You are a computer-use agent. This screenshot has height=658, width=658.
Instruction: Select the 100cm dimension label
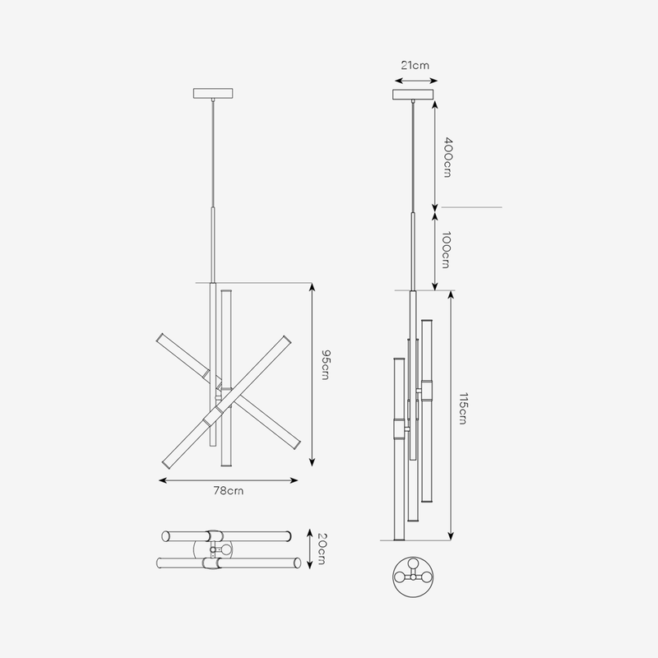[445, 250]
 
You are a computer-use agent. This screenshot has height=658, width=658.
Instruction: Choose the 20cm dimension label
[323, 549]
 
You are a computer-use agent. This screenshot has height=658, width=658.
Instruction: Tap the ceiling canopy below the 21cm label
[413, 94]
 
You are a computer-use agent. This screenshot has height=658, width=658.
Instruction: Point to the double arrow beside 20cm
[308, 549]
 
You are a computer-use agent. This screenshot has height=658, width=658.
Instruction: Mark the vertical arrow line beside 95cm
[311, 375]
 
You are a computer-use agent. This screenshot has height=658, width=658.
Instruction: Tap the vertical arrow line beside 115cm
[451, 415]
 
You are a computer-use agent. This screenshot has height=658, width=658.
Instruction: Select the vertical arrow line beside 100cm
[434, 250]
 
